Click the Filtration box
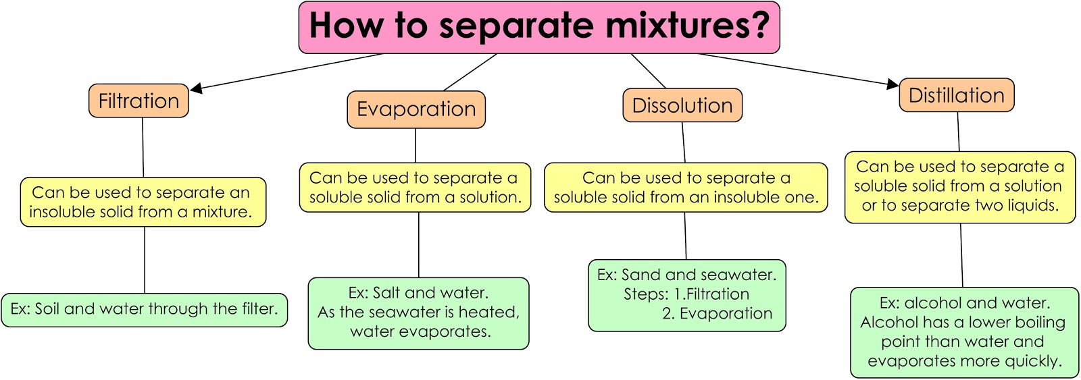click(139, 101)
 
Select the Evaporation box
click(416, 109)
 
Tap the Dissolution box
click(682, 106)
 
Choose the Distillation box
click(957, 96)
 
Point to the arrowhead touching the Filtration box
click(197, 88)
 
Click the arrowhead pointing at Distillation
click(893, 84)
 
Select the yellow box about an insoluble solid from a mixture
click(143, 202)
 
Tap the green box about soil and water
click(145, 310)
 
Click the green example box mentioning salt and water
click(418, 313)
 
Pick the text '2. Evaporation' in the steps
click(717, 314)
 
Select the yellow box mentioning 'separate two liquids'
click(959, 187)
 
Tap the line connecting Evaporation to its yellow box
click(416, 145)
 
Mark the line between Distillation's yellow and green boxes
click(961, 255)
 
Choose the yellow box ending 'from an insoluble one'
click(686, 188)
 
